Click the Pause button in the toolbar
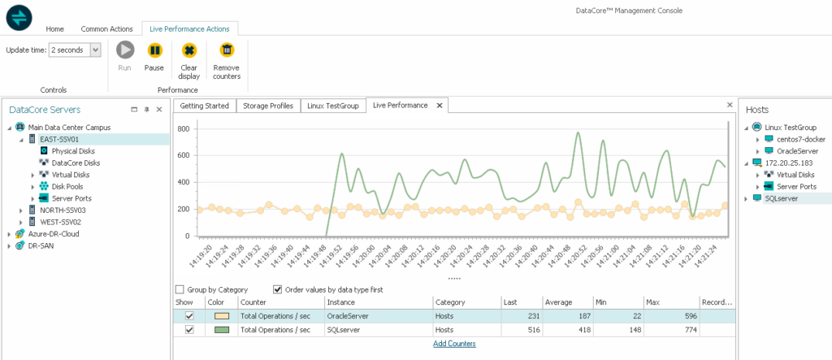[154, 56]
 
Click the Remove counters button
[227, 60]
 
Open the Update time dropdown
[95, 50]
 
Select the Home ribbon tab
[54, 28]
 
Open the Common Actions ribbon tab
[106, 28]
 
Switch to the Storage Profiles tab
[269, 106]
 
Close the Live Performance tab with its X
[439, 106]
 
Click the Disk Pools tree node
[69, 186]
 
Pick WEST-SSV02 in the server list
[61, 221]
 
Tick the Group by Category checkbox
[180, 289]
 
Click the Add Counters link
[453, 344]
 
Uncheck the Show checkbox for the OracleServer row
[189, 315]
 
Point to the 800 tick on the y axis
[184, 129]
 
